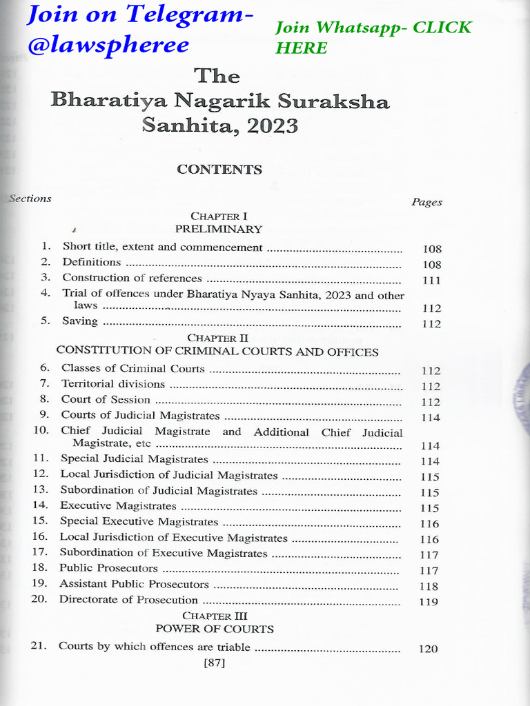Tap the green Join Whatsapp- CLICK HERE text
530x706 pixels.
click(x=373, y=37)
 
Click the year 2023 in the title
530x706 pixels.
click(x=268, y=126)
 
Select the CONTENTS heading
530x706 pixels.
click(x=219, y=170)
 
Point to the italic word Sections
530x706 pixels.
click(x=30, y=199)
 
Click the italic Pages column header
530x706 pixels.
click(x=426, y=202)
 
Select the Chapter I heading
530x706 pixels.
click(x=219, y=216)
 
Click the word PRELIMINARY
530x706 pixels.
click(x=219, y=229)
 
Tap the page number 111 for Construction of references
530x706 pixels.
click(x=431, y=281)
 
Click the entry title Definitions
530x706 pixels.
click(x=92, y=262)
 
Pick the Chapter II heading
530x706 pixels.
click(x=217, y=339)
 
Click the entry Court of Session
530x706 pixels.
click(x=106, y=400)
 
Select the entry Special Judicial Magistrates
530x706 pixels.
click(x=134, y=458)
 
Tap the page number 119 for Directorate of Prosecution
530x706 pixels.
click(x=429, y=601)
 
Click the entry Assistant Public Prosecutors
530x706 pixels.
click(x=134, y=584)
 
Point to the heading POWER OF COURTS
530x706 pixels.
click(x=215, y=629)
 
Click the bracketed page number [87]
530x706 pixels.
click(x=215, y=664)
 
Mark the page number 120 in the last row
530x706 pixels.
click(x=429, y=649)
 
